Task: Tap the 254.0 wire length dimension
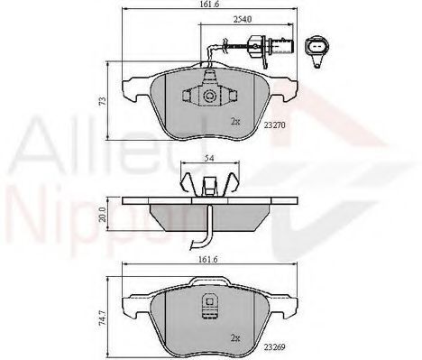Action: pos(243,20)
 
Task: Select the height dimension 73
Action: pos(103,101)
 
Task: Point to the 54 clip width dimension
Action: pos(209,158)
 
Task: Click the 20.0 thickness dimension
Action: pos(103,215)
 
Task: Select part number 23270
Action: pos(274,125)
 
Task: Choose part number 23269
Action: pos(274,346)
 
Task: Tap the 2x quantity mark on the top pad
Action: pos(235,122)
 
